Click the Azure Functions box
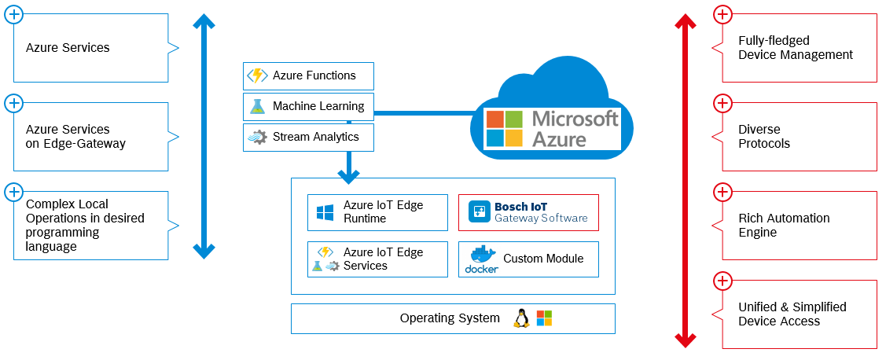tap(308, 76)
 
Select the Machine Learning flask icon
tap(257, 107)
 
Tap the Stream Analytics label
tap(315, 138)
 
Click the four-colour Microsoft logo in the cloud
tap(504, 129)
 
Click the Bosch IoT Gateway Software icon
tap(479, 212)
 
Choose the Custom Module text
tap(543, 259)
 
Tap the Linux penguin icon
tap(520, 318)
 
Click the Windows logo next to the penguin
tap(544, 318)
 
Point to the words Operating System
tap(450, 318)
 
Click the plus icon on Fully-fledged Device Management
tap(722, 14)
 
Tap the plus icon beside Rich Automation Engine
tap(722, 192)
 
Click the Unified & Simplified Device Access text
tap(792, 314)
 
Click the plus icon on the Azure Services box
tap(13, 14)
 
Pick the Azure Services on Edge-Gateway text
tap(75, 137)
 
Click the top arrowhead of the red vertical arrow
tap(686, 21)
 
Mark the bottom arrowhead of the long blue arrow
tap(204, 251)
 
